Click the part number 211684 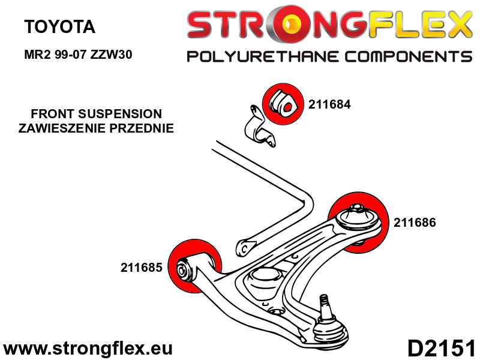329,104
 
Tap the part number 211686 415,222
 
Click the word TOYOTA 59,27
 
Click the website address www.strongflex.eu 88,348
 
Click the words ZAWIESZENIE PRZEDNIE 96,128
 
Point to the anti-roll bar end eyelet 244,246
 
